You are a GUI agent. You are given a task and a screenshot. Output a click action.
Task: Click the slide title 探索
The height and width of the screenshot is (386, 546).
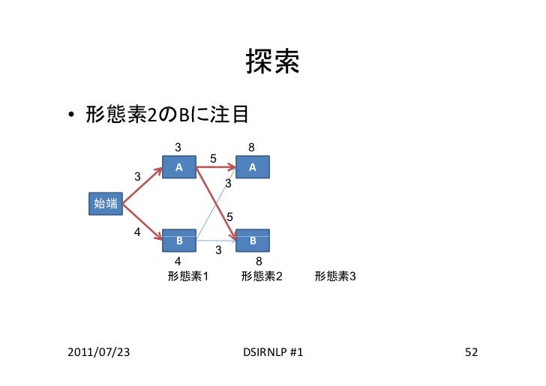272,64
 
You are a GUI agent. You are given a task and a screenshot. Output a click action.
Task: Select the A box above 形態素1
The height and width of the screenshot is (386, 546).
179,167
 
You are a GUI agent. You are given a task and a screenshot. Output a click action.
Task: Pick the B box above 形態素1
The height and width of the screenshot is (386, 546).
179,241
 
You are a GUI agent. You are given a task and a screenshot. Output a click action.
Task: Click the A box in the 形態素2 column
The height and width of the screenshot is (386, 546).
253,167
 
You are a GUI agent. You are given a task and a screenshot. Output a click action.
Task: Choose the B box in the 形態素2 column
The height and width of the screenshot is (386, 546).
253,241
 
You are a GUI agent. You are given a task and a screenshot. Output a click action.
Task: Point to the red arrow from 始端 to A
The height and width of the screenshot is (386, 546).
142,185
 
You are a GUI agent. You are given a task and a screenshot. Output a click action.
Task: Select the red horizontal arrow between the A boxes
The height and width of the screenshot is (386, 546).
216,167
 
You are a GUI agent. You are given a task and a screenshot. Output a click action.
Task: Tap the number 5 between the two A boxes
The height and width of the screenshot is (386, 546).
214,159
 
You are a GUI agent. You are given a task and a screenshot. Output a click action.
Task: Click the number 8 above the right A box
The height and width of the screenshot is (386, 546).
253,148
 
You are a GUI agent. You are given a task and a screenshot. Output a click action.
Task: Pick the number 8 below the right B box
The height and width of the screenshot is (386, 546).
259,261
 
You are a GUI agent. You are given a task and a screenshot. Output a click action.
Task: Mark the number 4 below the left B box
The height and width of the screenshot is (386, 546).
178,261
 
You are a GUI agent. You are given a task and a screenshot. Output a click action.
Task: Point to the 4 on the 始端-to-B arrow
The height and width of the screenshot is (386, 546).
136,232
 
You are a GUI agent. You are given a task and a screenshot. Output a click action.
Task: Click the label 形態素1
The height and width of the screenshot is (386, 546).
187,277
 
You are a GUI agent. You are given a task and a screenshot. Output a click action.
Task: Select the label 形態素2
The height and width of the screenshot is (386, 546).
262,277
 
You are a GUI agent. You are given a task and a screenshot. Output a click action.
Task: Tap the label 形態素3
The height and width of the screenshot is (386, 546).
335,277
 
